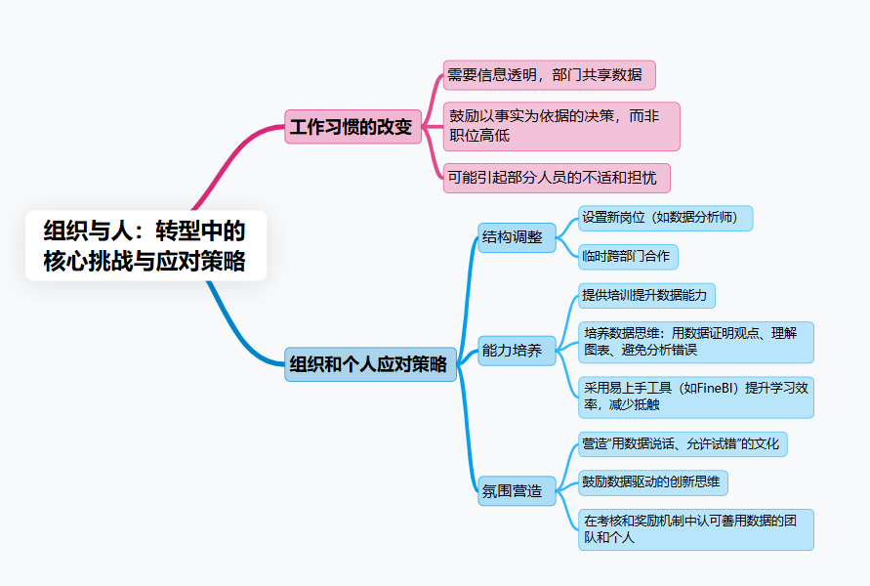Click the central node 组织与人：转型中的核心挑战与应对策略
click(x=145, y=246)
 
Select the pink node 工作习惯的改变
click(x=352, y=127)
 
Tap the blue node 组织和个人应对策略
click(x=370, y=364)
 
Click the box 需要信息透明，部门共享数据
click(x=548, y=75)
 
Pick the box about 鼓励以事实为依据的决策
click(x=560, y=126)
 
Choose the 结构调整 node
click(x=516, y=236)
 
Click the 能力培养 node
click(x=516, y=350)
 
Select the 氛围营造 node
click(x=516, y=490)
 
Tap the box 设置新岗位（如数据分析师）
click(x=665, y=218)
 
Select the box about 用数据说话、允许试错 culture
click(x=682, y=444)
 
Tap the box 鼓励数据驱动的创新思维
click(x=652, y=481)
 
